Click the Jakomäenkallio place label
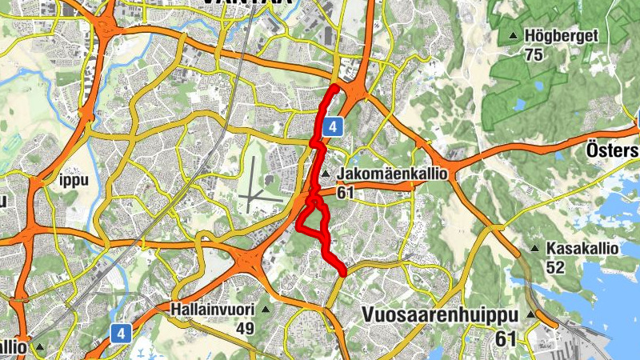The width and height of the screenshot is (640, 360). click(391, 174)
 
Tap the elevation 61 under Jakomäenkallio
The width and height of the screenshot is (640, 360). click(346, 192)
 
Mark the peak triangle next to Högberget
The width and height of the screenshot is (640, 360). click(513, 36)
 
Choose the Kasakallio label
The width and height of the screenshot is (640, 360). click(582, 249)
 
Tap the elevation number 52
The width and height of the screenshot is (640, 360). click(555, 268)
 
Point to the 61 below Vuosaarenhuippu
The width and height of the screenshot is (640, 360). click(506, 339)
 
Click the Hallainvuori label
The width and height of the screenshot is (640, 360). click(212, 309)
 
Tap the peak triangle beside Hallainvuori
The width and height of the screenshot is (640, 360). click(266, 309)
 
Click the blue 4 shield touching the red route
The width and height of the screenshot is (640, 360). click(334, 126)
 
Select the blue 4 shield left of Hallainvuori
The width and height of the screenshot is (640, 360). click(120, 332)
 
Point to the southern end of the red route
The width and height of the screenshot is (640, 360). click(342, 273)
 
